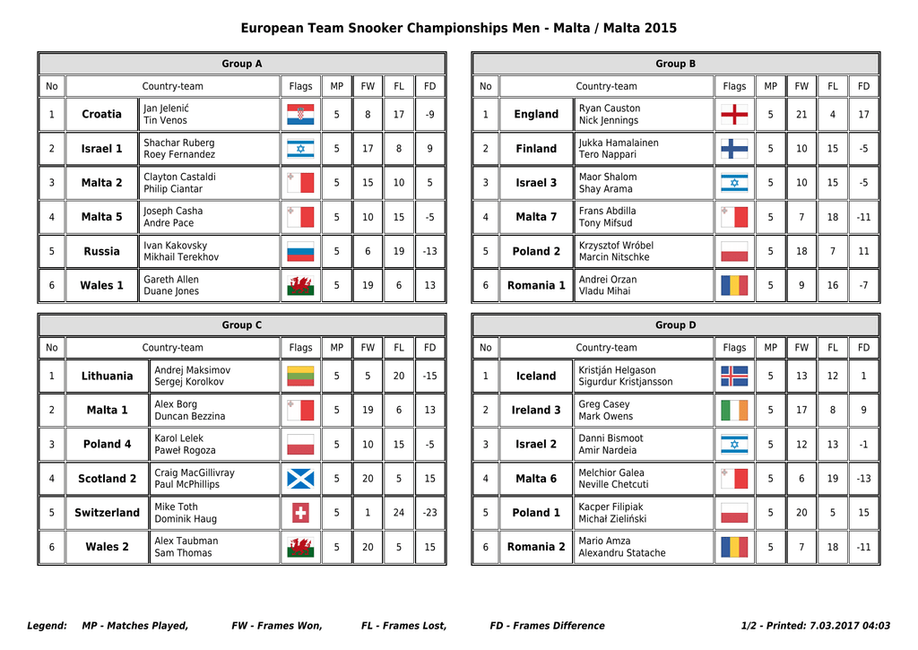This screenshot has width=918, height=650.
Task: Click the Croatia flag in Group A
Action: click(300, 114)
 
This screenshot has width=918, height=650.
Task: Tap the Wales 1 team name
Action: click(101, 286)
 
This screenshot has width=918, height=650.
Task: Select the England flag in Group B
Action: click(734, 114)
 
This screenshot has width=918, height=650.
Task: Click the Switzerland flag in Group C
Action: click(300, 513)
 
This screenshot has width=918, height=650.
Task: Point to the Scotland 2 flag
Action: click(300, 479)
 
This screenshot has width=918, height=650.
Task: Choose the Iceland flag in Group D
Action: click(734, 376)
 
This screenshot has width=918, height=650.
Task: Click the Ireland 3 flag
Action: click(734, 411)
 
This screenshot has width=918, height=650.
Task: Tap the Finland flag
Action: click(734, 149)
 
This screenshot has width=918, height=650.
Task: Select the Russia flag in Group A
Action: click(300, 252)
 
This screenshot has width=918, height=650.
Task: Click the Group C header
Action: click(242, 325)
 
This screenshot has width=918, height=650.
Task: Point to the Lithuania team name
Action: click(107, 377)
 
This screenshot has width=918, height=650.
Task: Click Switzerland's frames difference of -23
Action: click(430, 513)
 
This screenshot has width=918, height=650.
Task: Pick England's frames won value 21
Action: click(801, 114)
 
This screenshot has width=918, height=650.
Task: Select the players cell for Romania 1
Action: click(644, 286)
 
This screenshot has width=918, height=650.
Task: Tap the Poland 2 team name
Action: click(536, 252)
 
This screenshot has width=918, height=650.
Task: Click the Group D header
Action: click(676, 325)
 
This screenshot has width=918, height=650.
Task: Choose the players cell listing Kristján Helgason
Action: click(644, 377)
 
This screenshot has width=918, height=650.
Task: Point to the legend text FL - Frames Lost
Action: click(403, 626)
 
